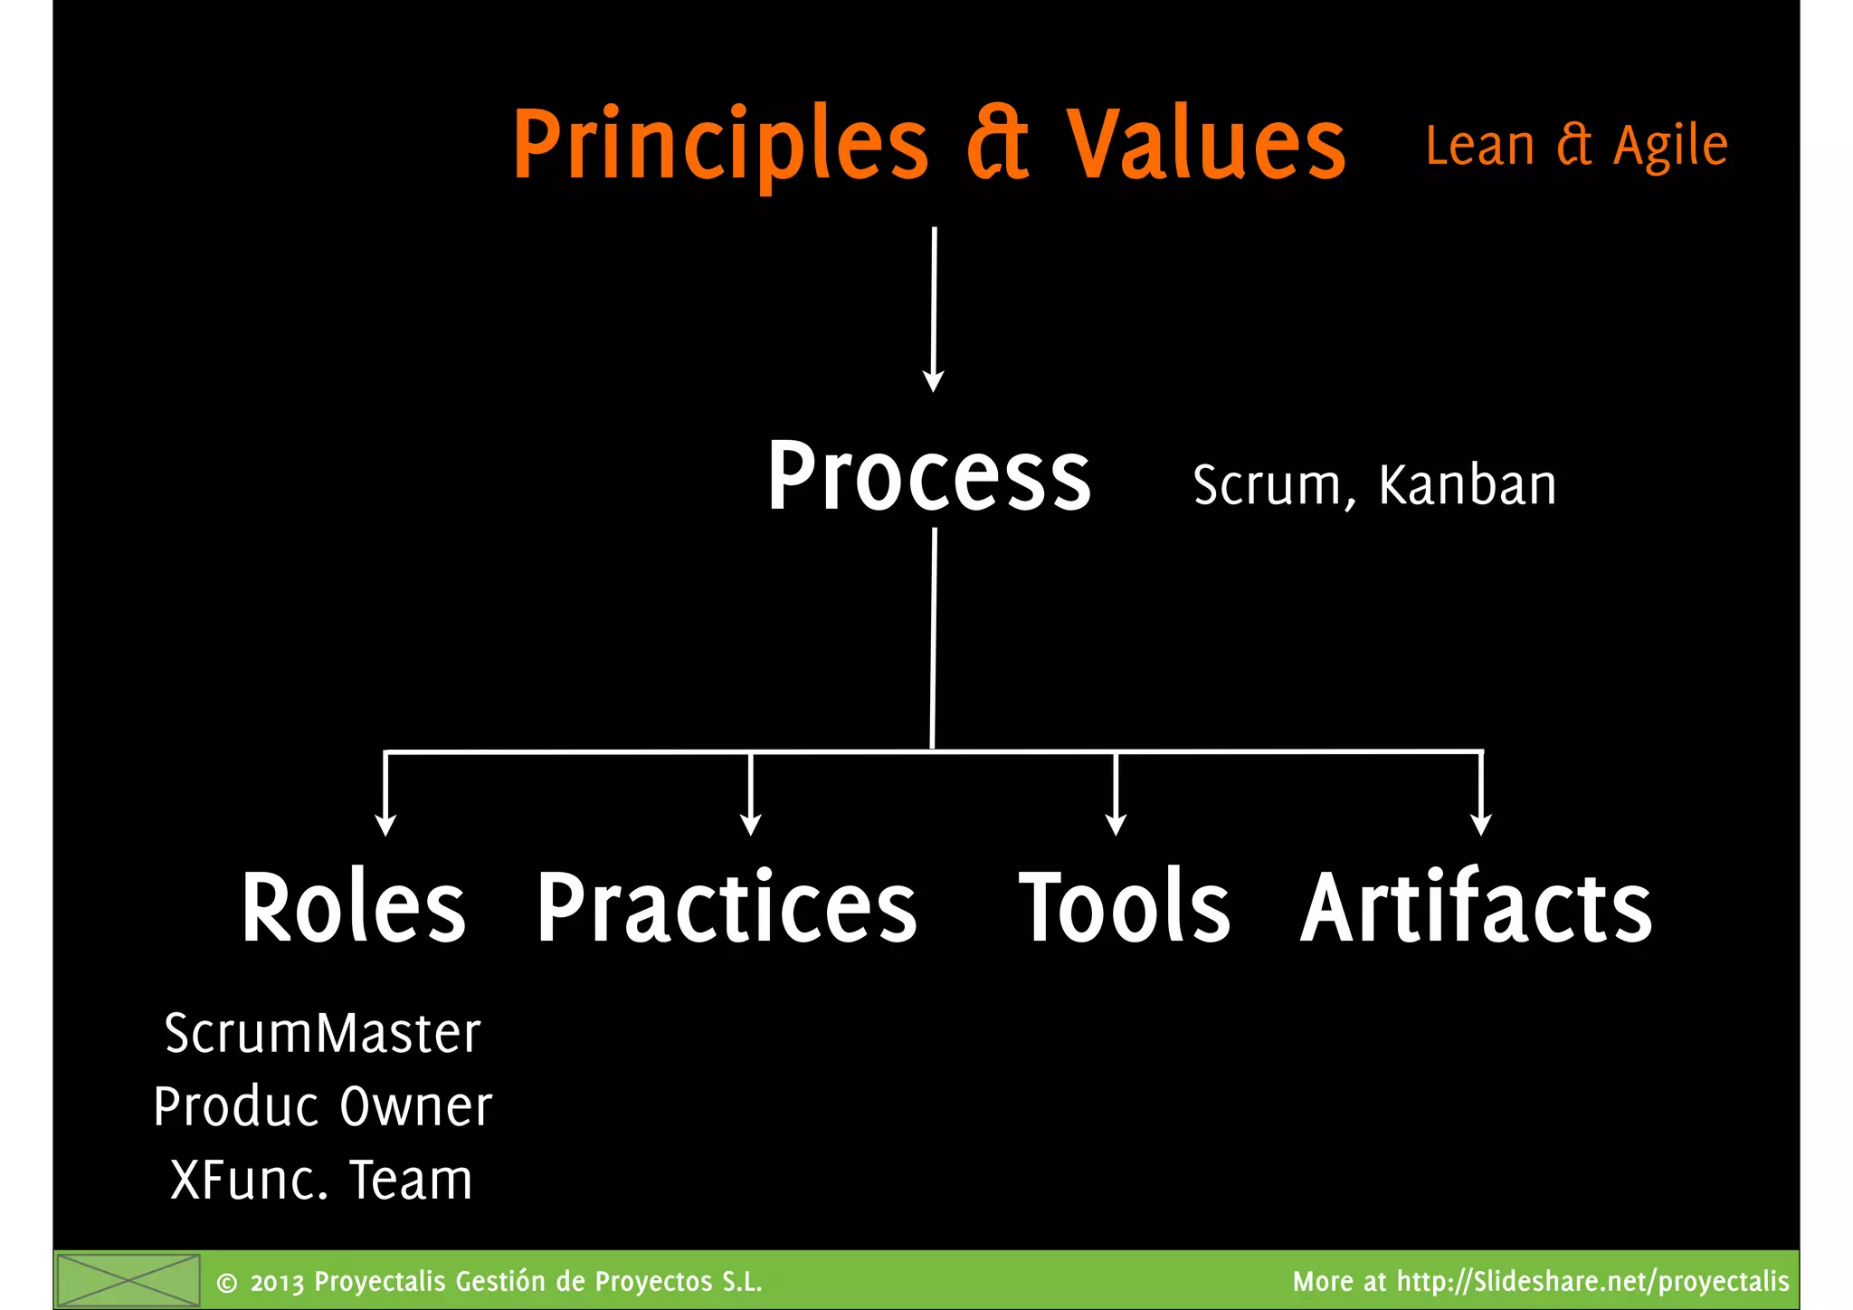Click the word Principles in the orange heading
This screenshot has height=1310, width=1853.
pyautogui.click(x=720, y=145)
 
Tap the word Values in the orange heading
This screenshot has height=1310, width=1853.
pyautogui.click(x=1206, y=145)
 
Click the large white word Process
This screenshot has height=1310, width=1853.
pyautogui.click(x=929, y=477)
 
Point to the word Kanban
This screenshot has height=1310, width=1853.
pyautogui.click(x=1467, y=485)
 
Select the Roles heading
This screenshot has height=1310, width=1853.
pyautogui.click(x=353, y=907)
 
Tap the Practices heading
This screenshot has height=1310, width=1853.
pyautogui.click(x=727, y=907)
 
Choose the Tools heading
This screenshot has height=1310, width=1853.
pyautogui.click(x=1125, y=907)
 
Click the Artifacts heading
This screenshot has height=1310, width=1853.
pyautogui.click(x=1476, y=907)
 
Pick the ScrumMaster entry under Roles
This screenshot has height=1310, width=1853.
pyautogui.click(x=322, y=1033)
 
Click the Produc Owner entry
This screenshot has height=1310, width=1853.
pyautogui.click(x=322, y=1106)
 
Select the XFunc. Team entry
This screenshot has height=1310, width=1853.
pyautogui.click(x=322, y=1181)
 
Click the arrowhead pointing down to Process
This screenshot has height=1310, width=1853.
pyautogui.click(x=933, y=380)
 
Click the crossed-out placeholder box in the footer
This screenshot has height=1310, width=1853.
pyautogui.click(x=128, y=1281)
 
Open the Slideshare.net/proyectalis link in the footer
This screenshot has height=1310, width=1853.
pyautogui.click(x=1592, y=1282)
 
